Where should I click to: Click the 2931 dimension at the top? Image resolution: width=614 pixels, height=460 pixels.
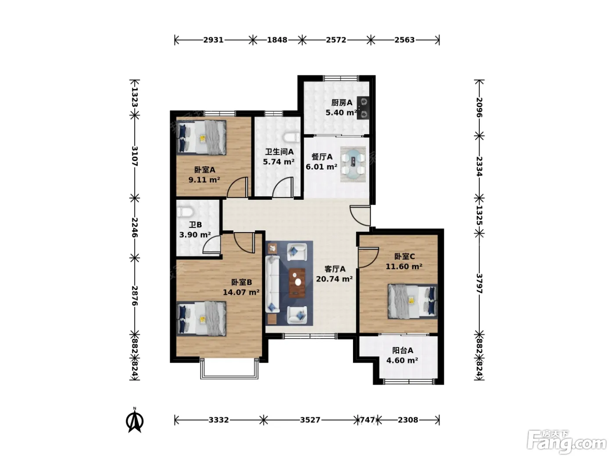[x=213, y=40]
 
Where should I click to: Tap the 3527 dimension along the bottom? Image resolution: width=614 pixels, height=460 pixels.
[x=310, y=420]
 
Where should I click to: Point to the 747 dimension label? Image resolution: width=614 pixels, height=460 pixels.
[x=367, y=420]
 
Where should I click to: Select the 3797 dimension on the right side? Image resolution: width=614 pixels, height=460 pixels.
[x=479, y=283]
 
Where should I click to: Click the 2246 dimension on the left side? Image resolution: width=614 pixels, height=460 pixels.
[x=135, y=227]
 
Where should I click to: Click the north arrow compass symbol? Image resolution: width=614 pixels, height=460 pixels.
[x=135, y=420]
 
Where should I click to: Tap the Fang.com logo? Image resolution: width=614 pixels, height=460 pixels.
[x=566, y=442]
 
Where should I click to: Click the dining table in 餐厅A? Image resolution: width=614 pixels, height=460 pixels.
[x=353, y=164]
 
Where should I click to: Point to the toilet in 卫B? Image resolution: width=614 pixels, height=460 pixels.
[x=185, y=212]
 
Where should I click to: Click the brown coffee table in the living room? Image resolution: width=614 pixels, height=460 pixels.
[x=297, y=283]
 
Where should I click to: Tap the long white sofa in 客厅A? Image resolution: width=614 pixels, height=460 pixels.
[x=272, y=284]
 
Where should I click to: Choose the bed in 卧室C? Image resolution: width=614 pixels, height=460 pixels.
[x=412, y=301]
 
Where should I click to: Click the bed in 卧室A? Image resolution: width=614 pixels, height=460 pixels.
[x=201, y=138]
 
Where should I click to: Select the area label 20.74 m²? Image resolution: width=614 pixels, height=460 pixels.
[x=334, y=279]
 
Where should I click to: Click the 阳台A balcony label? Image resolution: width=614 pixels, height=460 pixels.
[x=402, y=350]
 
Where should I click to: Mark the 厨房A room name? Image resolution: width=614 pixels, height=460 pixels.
[x=342, y=103]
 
